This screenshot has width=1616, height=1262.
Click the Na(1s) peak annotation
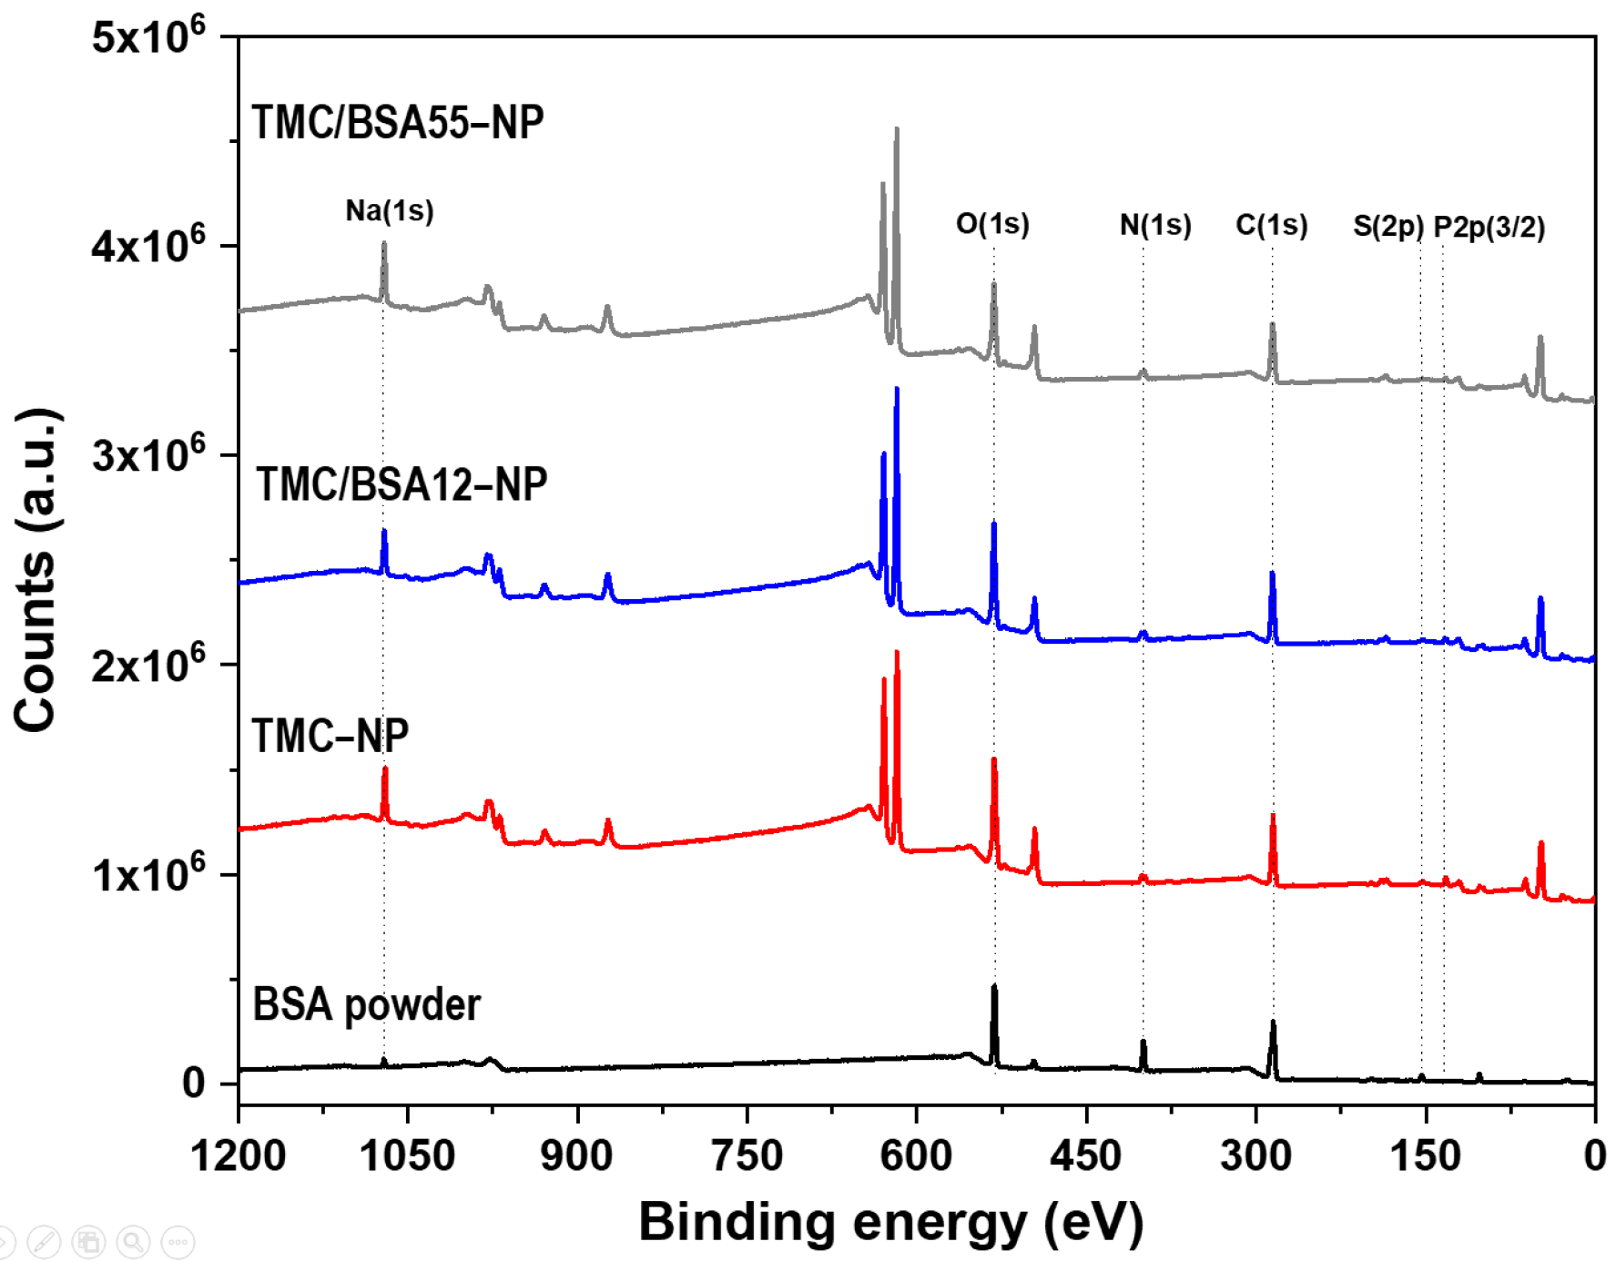[390, 211]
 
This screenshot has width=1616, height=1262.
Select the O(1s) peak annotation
[992, 224]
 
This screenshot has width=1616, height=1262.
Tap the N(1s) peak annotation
[1155, 225]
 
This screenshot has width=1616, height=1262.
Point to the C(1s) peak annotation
[1272, 225]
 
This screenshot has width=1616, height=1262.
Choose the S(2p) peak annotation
[1387, 227]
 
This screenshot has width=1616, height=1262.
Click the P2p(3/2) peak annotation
[1489, 227]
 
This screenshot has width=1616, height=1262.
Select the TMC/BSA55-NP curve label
[398, 122]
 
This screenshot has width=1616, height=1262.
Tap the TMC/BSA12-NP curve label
[401, 483]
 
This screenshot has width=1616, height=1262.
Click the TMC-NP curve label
[330, 735]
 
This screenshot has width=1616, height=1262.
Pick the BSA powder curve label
[366, 1004]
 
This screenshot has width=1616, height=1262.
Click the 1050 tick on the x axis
[407, 1155]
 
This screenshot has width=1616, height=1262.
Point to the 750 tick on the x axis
[747, 1155]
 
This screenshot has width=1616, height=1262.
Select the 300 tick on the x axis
[1255, 1155]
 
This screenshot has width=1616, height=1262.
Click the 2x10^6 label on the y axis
[148, 665]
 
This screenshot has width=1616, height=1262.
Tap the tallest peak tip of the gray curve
[897, 128]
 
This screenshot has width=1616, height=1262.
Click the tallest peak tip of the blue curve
[897, 389]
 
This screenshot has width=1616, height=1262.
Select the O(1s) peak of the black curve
[994, 986]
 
